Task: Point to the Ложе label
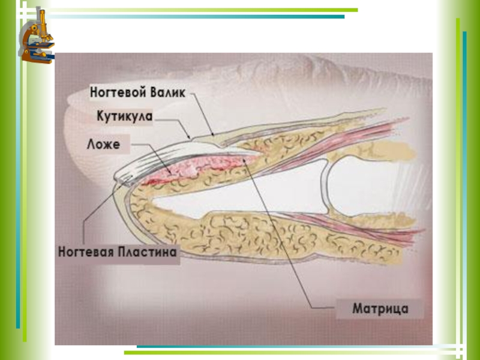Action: (x=103, y=144)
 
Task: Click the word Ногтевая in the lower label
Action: (x=86, y=253)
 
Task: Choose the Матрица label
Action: (x=380, y=310)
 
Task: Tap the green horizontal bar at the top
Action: (x=198, y=10)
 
